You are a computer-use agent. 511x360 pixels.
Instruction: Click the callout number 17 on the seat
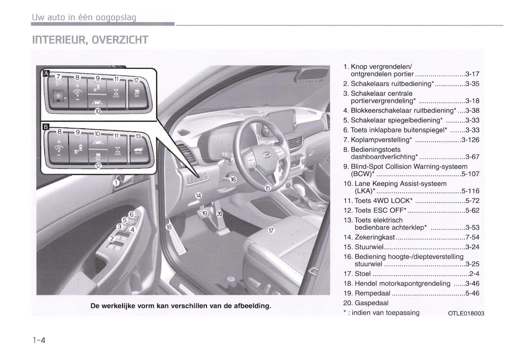pyautogui.click(x=271, y=231)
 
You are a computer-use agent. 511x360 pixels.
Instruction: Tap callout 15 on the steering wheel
pyautogui.click(x=268, y=188)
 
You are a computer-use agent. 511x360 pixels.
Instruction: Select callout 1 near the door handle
pyautogui.click(x=116, y=183)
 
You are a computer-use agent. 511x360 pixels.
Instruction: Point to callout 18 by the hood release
pyautogui.click(x=169, y=227)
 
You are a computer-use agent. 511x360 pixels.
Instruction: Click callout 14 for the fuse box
pyautogui.click(x=198, y=195)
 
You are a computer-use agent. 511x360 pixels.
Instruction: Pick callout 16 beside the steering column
pyautogui.click(x=233, y=180)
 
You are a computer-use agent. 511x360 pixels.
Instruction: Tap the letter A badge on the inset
pyautogui.click(x=46, y=73)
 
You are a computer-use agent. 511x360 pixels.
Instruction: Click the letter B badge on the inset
pyautogui.click(x=46, y=127)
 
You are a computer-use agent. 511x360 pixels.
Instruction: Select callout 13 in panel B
pyautogui.click(x=139, y=136)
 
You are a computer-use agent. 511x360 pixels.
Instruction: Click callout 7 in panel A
pyautogui.click(x=58, y=76)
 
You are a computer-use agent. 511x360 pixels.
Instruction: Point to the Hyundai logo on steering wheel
pyautogui.click(x=266, y=155)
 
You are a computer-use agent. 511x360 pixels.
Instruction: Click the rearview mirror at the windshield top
pyautogui.click(x=313, y=75)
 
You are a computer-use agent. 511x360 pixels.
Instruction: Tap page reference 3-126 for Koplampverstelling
pyautogui.click(x=470, y=140)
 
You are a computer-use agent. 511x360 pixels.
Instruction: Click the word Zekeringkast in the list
pyautogui.click(x=375, y=237)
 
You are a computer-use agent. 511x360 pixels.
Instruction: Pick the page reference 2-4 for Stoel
pyautogui.click(x=474, y=274)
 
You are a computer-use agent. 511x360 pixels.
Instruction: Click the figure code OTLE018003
pyautogui.click(x=466, y=313)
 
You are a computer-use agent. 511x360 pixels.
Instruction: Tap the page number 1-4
pyautogui.click(x=39, y=341)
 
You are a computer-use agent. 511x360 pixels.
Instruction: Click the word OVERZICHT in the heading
pyautogui.click(x=120, y=40)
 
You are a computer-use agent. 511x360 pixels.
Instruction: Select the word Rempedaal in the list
pyautogui.click(x=372, y=293)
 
